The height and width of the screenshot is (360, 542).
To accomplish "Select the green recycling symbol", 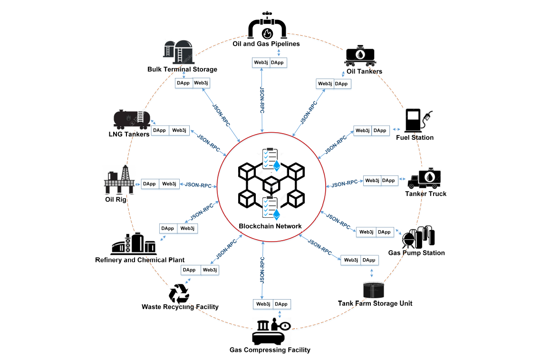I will [x=179, y=293].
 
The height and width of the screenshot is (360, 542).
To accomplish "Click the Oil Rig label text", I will [x=116, y=199].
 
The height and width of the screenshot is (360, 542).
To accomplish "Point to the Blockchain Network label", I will [x=270, y=226].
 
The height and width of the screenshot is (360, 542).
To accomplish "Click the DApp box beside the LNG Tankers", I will [x=160, y=130].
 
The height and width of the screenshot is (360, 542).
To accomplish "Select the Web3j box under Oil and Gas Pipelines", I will [x=261, y=63].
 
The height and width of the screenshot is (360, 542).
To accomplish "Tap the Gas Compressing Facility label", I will [x=270, y=350].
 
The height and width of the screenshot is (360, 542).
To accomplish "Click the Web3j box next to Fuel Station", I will [x=363, y=130].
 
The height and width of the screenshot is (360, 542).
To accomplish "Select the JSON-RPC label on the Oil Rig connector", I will [x=198, y=185].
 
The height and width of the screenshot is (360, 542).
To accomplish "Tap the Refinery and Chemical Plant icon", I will [x=134, y=243].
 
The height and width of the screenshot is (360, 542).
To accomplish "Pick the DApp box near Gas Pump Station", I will [x=384, y=232].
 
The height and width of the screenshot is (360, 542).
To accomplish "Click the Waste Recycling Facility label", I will [x=180, y=307].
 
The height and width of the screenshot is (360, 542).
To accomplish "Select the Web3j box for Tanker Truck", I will [x=372, y=181].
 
